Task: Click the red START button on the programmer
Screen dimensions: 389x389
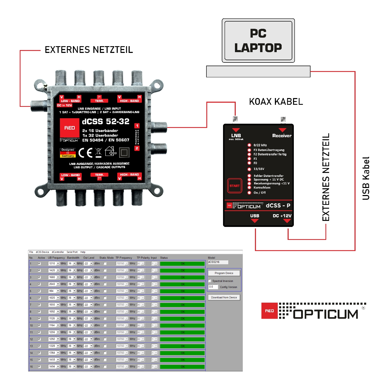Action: tap(234, 186)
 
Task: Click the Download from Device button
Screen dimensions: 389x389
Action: tap(224, 297)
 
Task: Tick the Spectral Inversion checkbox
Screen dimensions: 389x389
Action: tap(210, 281)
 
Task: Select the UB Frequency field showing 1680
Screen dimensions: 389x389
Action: tap(52, 277)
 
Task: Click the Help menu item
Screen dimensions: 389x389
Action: tap(83, 252)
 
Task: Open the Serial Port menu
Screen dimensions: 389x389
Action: tap(72, 252)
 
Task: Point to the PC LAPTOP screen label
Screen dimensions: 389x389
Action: tap(258, 41)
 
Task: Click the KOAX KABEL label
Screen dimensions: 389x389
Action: tap(276, 102)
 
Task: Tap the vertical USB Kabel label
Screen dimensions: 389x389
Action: tap(366, 178)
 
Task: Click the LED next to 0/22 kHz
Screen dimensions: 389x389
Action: tap(249, 145)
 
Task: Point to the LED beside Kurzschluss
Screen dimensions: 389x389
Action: tap(249, 187)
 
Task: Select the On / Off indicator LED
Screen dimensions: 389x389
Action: tap(249, 193)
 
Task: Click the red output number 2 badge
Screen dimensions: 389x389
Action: tap(137, 148)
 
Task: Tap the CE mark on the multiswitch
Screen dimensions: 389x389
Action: tap(86, 152)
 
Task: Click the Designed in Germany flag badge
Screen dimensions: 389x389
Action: tap(68, 153)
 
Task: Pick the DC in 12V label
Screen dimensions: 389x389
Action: tap(64, 105)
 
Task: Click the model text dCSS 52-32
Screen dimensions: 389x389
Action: tap(106, 121)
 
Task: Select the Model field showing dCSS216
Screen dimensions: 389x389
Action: tap(218, 262)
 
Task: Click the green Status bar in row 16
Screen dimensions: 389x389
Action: tap(182, 367)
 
